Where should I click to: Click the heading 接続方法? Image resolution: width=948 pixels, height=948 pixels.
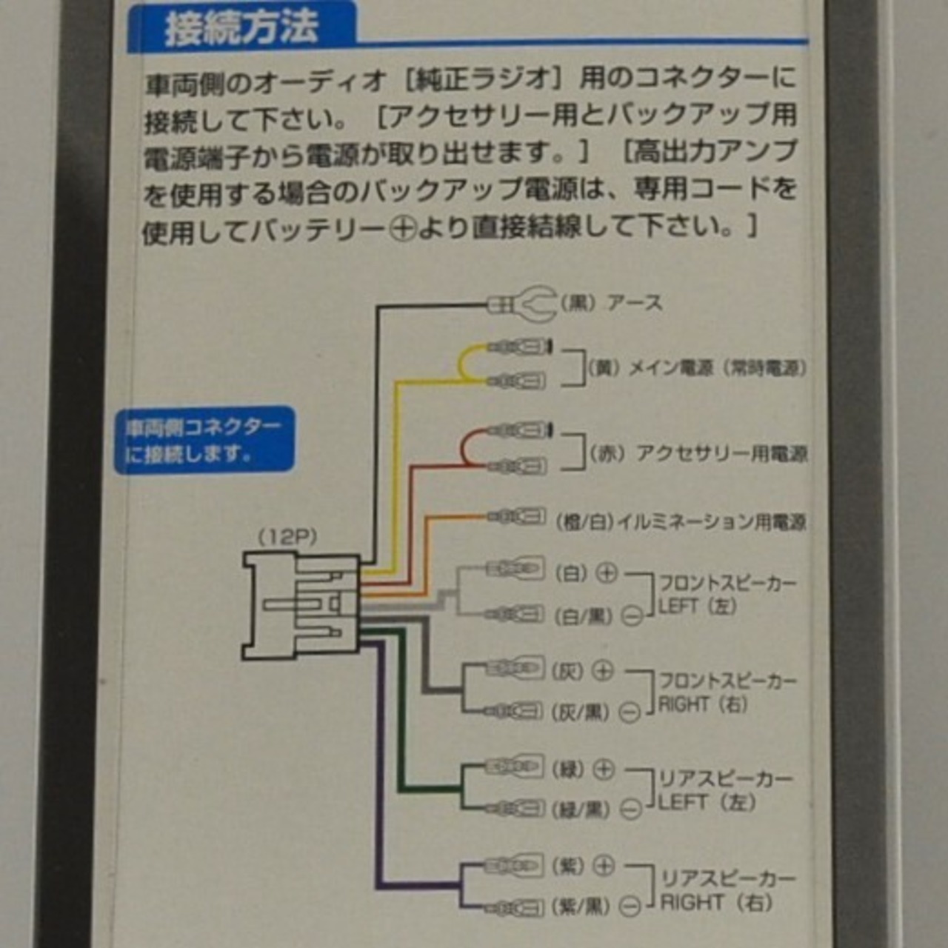pyautogui.click(x=241, y=27)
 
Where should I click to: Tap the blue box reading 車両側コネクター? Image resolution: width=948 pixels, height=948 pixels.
pyautogui.click(x=204, y=439)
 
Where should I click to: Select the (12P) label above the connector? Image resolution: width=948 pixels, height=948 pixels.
pyautogui.click(x=287, y=537)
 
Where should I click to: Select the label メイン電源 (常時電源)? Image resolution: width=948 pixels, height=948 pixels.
pyautogui.click(x=696, y=367)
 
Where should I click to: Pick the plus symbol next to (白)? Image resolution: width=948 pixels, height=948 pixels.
pyautogui.click(x=607, y=573)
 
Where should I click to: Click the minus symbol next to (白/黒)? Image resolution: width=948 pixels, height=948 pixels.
pyautogui.click(x=631, y=615)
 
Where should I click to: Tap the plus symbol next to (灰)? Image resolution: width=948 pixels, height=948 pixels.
pyautogui.click(x=604, y=671)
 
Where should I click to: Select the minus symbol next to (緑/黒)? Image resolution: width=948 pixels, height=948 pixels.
pyautogui.click(x=630, y=810)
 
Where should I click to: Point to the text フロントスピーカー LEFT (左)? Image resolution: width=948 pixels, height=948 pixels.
pyautogui.click(x=726, y=595)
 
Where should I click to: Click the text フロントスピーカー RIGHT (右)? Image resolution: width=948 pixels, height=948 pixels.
pyautogui.click(x=726, y=692)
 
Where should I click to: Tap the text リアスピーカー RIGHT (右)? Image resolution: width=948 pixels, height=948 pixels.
pyautogui.click(x=726, y=890)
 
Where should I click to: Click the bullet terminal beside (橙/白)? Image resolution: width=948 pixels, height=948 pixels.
pyautogui.click(x=518, y=516)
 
